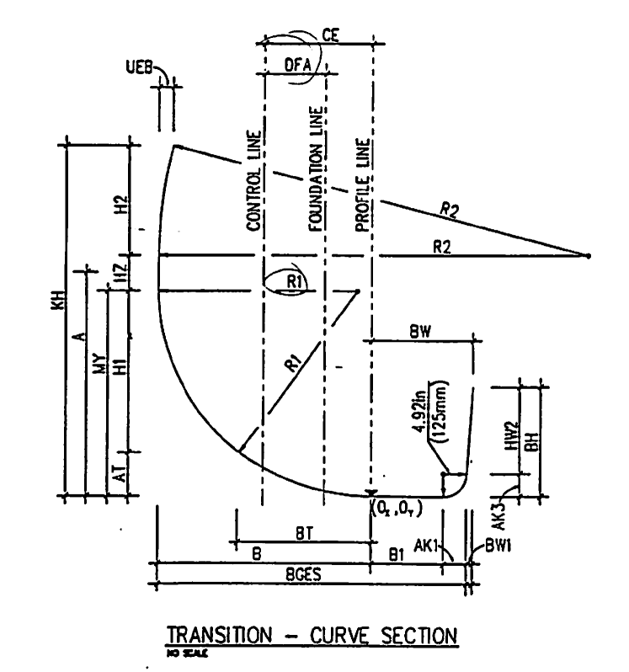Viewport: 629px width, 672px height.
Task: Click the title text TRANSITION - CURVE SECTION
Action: [x=312, y=633]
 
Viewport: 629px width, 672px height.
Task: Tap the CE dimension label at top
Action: [x=331, y=36]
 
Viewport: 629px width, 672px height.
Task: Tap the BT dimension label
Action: [x=305, y=533]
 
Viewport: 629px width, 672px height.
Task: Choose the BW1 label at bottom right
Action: [x=493, y=547]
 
